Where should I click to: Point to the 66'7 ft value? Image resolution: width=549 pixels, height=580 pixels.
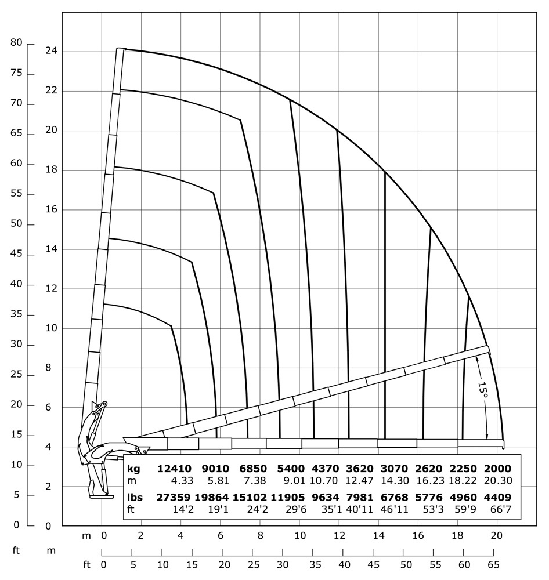[502, 509]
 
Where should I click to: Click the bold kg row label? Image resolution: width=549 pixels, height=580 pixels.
[134, 468]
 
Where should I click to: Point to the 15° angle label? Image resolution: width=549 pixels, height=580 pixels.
[483, 389]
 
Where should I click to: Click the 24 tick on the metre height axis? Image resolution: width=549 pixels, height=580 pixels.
[50, 51]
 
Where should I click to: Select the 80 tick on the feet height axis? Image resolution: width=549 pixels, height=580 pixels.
[16, 43]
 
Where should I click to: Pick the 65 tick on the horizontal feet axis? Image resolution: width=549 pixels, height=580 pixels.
[494, 564]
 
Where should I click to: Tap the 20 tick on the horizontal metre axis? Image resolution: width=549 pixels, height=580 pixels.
[496, 536]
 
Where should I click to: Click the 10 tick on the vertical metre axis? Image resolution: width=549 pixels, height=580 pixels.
[50, 328]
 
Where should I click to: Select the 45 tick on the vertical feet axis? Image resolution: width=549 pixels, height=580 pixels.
[16, 254]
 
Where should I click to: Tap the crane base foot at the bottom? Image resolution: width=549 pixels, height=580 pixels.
[102, 495]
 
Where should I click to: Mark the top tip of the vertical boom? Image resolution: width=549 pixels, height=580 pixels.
[121, 49]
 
